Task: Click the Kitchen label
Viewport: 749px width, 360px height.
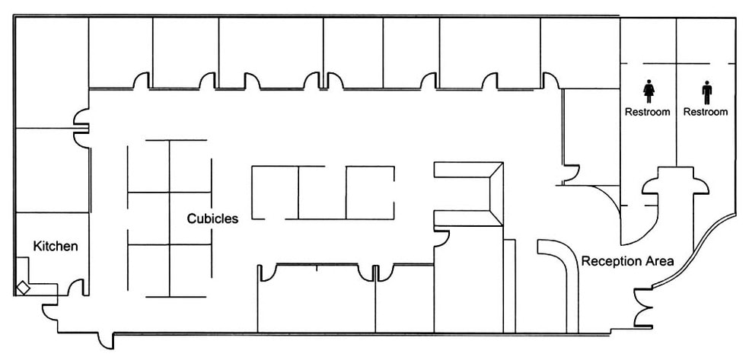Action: [56, 247]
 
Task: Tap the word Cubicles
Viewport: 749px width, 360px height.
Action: [212, 218]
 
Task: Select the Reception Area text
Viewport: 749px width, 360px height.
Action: [628, 261]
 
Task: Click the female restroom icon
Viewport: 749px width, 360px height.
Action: [649, 91]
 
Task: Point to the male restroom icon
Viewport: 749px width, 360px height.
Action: [707, 92]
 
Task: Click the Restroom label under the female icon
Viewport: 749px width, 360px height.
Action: [648, 112]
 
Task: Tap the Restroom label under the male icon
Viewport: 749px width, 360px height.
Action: [706, 112]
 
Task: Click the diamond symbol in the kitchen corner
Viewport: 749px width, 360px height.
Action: [23, 288]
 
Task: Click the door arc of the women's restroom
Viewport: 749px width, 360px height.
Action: [649, 184]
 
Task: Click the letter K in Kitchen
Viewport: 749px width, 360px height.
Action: [37, 247]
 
